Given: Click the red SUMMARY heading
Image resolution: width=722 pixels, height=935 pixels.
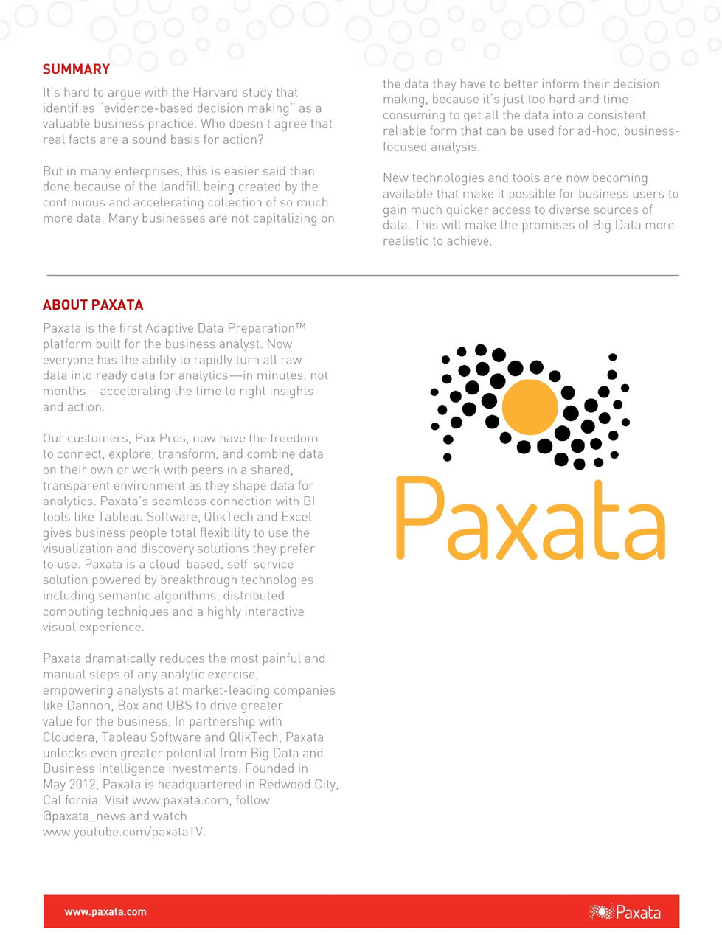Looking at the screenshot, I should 76,69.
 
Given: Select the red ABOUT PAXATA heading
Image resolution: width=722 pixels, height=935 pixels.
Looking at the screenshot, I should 93,305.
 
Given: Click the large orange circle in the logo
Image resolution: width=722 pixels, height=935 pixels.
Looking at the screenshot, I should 530,407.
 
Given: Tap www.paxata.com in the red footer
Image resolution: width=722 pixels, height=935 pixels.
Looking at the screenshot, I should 105,911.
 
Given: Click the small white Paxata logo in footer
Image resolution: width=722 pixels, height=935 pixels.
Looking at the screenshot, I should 625,912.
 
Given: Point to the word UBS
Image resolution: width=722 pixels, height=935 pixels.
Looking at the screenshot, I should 179,706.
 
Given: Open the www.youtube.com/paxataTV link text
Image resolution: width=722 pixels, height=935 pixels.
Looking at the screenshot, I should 124,832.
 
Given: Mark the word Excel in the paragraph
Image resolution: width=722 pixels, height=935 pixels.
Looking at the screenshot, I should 296,517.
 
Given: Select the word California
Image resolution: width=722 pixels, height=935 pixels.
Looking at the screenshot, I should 71,800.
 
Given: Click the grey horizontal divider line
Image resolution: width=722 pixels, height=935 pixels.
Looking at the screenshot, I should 361,275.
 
